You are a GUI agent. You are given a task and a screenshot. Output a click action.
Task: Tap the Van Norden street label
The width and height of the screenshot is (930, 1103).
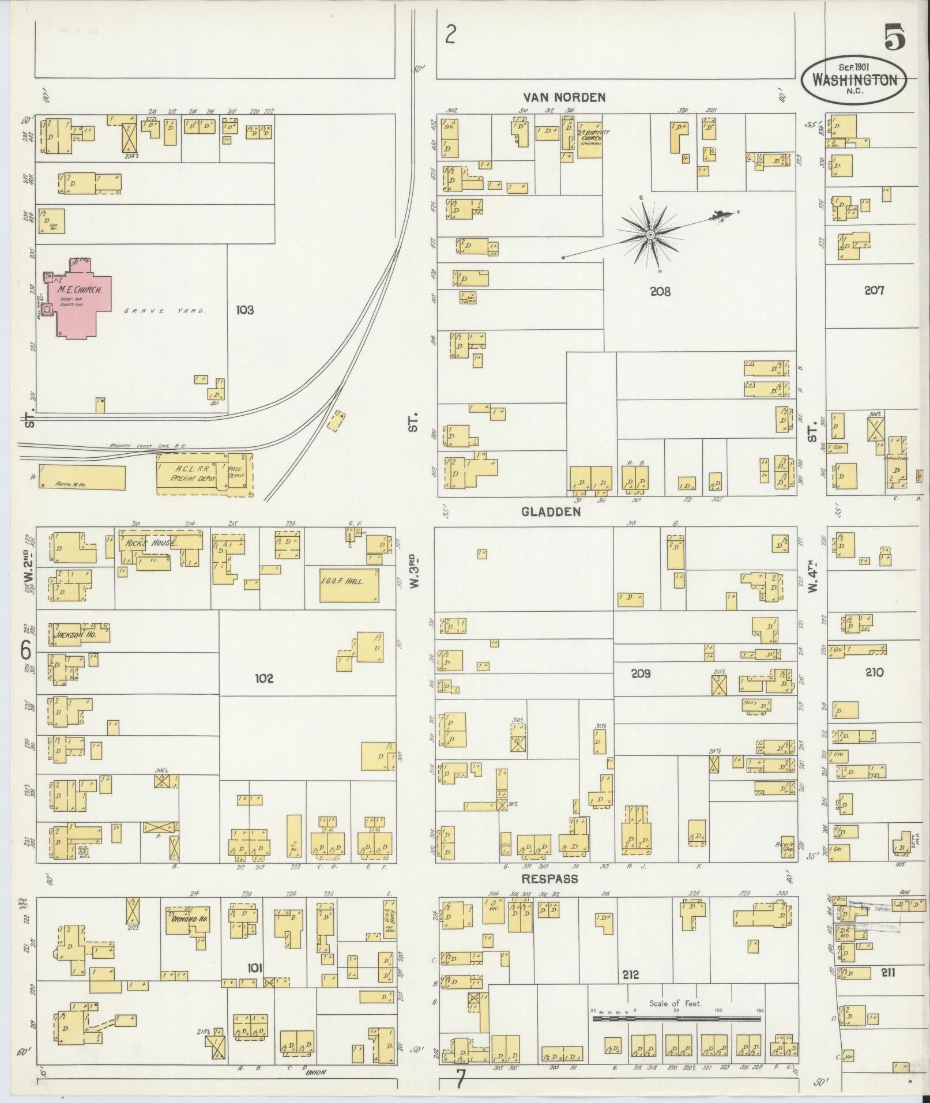[564, 97]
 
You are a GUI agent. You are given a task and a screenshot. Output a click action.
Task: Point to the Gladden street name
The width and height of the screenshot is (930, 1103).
[551, 511]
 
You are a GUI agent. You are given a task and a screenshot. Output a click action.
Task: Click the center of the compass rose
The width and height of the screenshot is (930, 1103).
[650, 234]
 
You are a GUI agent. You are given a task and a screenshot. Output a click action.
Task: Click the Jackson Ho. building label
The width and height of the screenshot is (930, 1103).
[74, 634]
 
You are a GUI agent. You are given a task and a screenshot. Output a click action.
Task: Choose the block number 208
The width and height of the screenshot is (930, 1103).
[660, 292]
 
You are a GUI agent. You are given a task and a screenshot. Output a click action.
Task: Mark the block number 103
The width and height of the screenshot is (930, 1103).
[244, 310]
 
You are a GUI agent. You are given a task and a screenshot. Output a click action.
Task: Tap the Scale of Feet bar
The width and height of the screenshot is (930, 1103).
[676, 1019]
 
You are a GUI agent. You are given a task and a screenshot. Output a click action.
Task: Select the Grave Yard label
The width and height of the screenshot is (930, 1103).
[165, 311]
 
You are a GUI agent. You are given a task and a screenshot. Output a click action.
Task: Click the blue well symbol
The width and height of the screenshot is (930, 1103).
[82, 850]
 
